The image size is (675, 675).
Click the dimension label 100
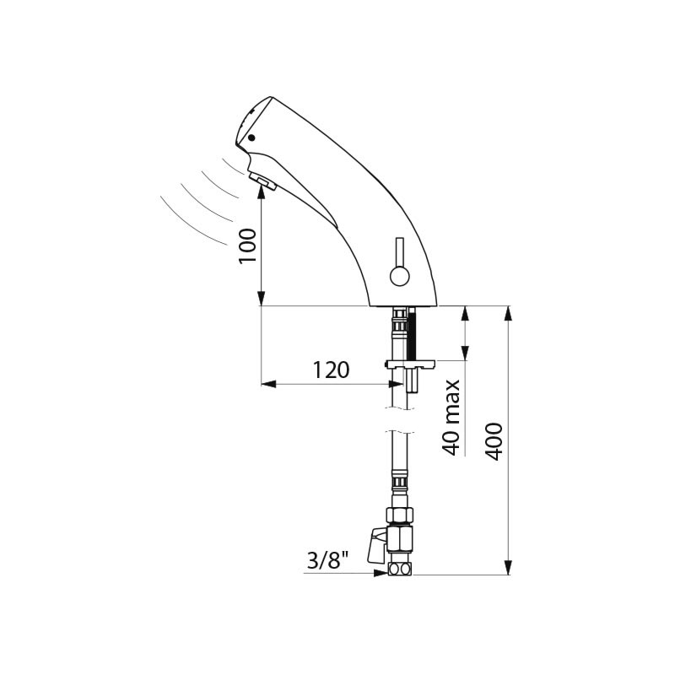pos(248,246)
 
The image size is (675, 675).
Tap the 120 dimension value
pos(331,370)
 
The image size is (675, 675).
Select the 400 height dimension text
pos(494,441)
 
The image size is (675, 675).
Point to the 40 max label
pos(451,418)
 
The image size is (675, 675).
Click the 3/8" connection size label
pos(327,560)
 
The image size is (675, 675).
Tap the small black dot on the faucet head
pos(251,138)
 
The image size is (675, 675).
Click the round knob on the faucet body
pos(399,276)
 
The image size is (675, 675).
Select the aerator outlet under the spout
pos(263,181)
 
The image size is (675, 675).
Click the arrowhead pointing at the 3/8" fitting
pos(381,574)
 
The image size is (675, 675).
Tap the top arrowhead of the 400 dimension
pos(509,313)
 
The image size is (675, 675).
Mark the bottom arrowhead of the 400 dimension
pos(509,567)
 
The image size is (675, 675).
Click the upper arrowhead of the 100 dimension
pos(261,195)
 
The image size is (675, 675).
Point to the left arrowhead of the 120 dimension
pos(268,384)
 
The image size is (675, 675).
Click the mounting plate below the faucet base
pos(411,365)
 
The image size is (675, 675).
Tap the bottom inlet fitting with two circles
pos(400,570)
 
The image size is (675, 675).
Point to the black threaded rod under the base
pos(413,336)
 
